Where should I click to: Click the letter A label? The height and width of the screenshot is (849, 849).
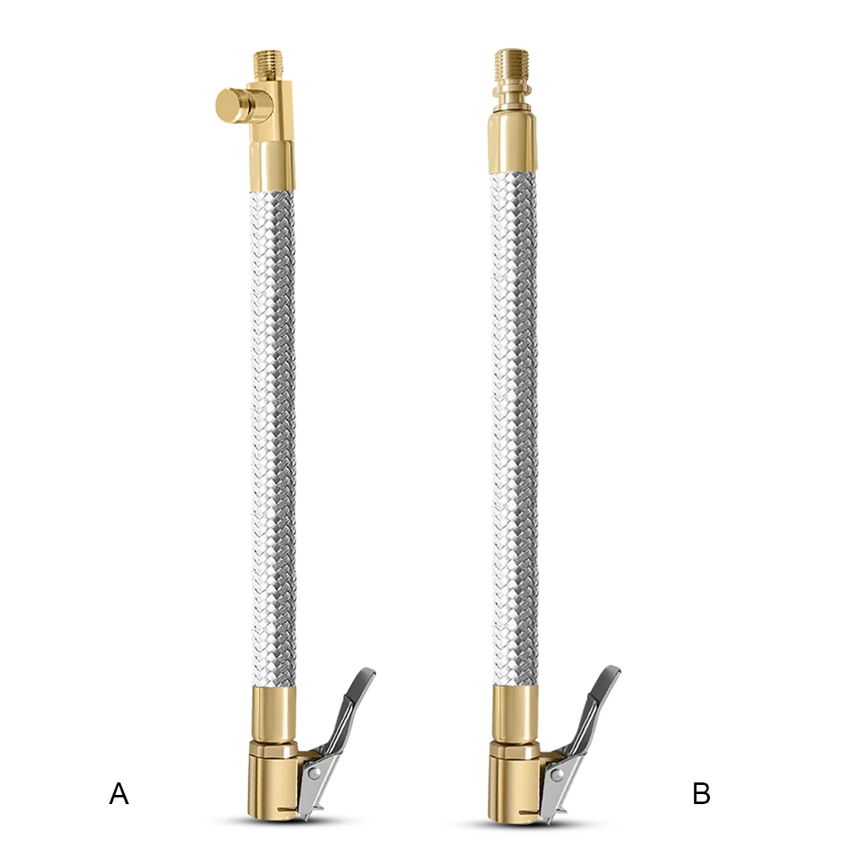pos(119,794)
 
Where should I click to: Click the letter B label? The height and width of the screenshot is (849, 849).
pos(702,794)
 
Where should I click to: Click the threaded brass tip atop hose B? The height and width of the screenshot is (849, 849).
pos(511,63)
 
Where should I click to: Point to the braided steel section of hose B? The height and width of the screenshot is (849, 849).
pos(514,416)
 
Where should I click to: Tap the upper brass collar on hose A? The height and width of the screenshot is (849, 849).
pos(273,166)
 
